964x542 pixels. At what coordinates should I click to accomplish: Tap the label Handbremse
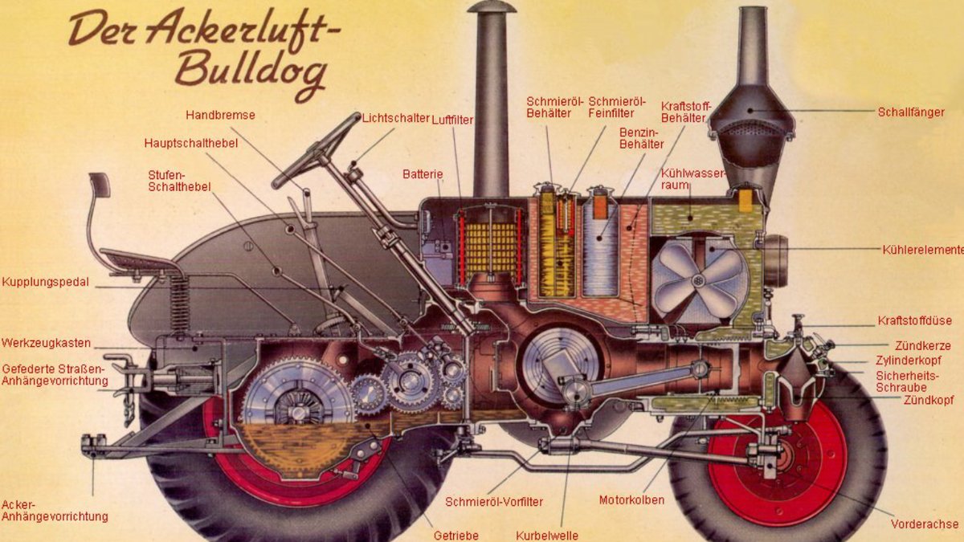(x=220, y=115)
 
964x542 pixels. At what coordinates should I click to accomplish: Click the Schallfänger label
(x=911, y=112)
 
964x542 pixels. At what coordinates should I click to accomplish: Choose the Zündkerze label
(x=923, y=345)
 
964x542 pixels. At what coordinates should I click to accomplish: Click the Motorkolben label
(x=631, y=500)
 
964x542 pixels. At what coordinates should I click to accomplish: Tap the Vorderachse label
(x=925, y=524)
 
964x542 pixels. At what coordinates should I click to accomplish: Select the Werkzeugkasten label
(x=46, y=343)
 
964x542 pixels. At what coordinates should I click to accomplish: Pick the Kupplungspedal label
(x=45, y=283)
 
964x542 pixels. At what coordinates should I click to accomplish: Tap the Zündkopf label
(x=927, y=399)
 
